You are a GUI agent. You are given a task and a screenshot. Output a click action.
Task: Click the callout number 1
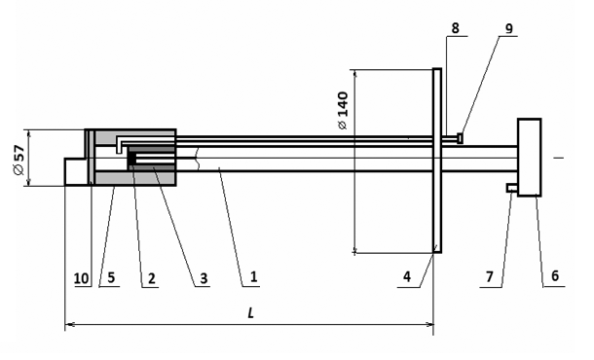(x=254, y=277)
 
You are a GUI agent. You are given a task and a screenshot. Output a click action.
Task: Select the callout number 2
(x=152, y=278)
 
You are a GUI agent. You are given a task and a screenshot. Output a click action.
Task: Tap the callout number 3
(x=204, y=278)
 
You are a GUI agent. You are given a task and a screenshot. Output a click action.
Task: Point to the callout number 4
(x=407, y=277)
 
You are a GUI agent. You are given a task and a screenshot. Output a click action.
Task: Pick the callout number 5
(x=111, y=277)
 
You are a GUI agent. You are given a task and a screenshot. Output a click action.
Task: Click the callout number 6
(x=555, y=275)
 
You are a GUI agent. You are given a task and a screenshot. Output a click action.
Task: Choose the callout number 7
(x=490, y=277)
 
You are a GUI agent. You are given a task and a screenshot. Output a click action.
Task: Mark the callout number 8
(x=456, y=27)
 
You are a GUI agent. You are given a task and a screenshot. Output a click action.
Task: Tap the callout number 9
(x=508, y=28)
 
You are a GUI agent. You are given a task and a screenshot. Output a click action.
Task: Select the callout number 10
(x=81, y=278)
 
